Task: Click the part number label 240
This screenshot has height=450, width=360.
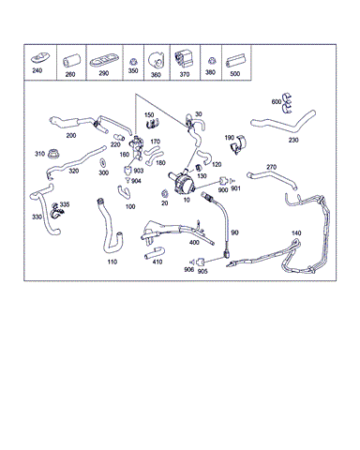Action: (37, 70)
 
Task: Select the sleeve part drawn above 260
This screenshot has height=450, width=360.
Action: (71, 61)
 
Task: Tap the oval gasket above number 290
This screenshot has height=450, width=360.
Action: (104, 62)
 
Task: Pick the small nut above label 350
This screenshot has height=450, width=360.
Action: (133, 61)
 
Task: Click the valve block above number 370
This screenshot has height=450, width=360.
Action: (183, 59)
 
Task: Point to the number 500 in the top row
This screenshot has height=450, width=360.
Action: (234, 74)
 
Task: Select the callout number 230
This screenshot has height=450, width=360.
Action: (293, 141)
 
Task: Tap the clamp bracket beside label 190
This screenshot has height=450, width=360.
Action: (238, 145)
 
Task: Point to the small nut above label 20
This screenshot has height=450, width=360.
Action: (164, 194)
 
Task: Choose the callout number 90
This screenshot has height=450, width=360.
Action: (234, 232)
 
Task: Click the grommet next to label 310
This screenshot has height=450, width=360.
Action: (53, 154)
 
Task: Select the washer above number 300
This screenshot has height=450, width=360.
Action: (102, 163)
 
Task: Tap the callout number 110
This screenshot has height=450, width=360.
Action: (112, 262)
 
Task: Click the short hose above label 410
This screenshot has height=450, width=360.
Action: (154, 253)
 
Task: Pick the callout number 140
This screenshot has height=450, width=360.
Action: (296, 233)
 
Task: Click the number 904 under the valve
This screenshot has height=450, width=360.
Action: (136, 181)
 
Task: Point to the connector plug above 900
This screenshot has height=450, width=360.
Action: (223, 181)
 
